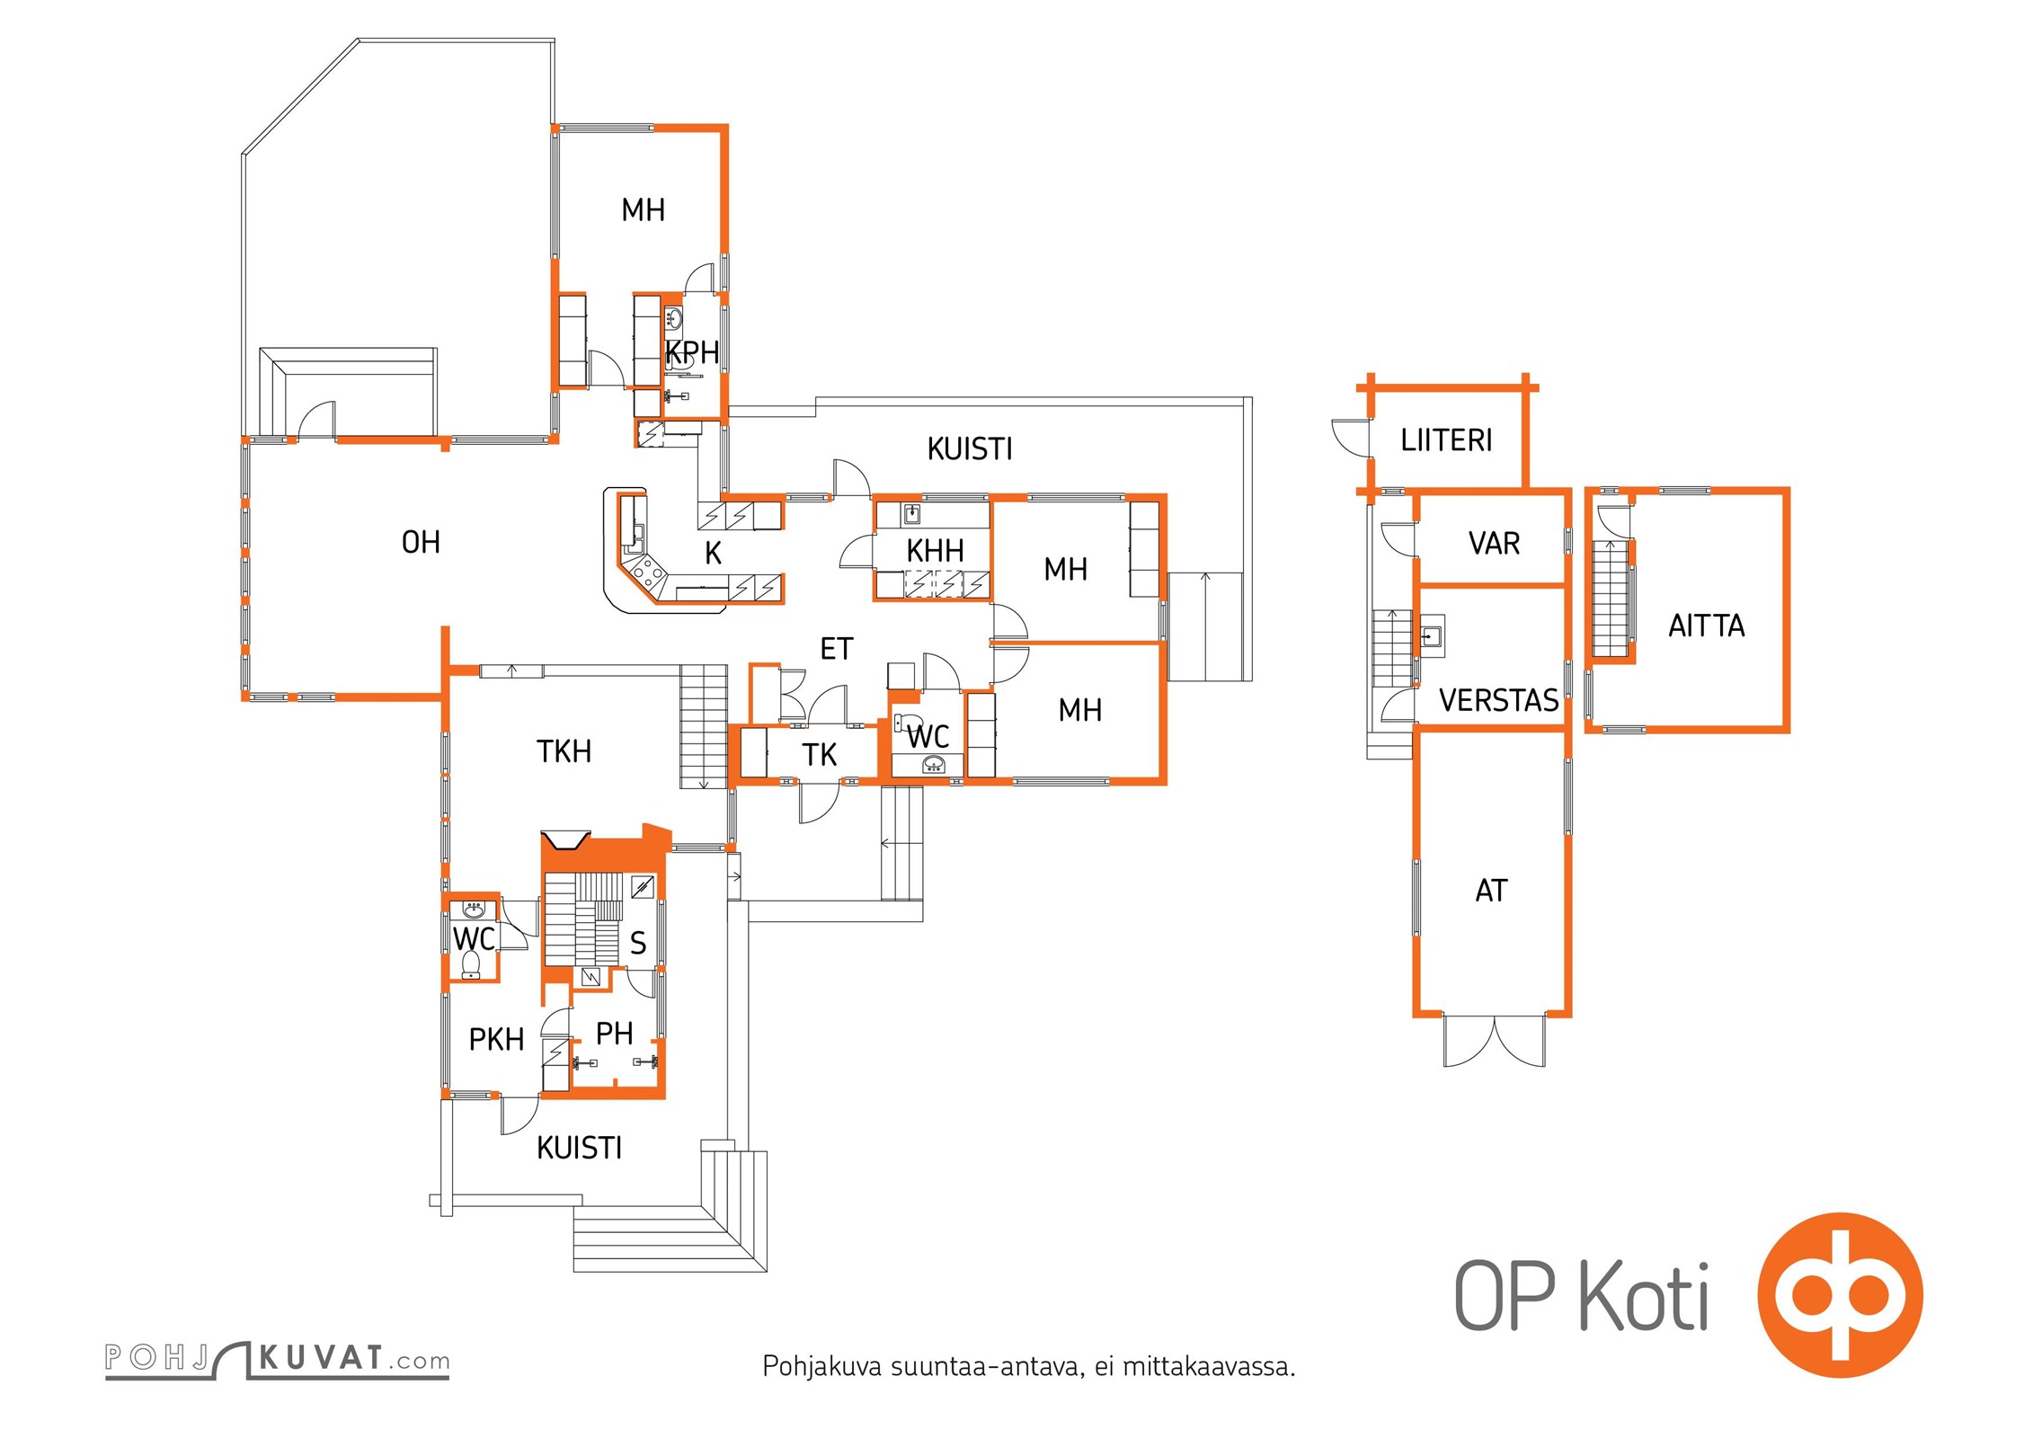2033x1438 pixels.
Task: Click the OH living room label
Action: [x=421, y=542]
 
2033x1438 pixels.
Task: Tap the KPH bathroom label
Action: [x=692, y=352]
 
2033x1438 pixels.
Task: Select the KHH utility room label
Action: [x=935, y=550]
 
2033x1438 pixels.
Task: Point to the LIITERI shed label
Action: [x=1446, y=440]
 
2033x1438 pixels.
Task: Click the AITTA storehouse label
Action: [x=1706, y=626]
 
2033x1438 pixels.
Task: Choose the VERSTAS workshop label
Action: [x=1498, y=700]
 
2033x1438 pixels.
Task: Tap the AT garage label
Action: [x=1491, y=891]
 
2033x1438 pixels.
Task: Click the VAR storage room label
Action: [x=1494, y=544]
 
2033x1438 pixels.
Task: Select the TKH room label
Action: [x=564, y=751]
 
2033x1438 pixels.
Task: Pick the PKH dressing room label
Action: [x=496, y=1040]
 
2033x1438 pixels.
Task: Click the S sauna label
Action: [x=638, y=943]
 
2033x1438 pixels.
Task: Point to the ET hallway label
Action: [x=836, y=649]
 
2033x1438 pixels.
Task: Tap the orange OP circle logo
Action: [x=1840, y=1295]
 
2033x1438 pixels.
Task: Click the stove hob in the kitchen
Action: [x=646, y=571]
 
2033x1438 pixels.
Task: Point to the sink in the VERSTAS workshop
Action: [x=1431, y=636]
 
